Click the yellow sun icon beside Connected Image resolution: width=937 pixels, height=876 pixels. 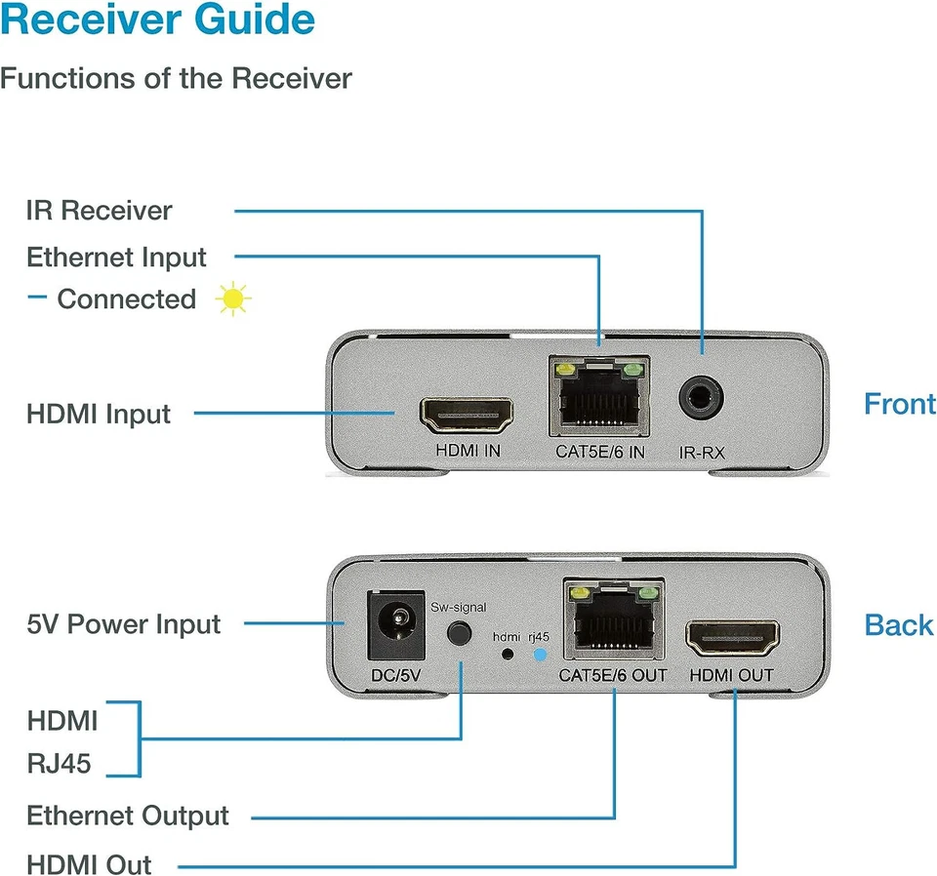[233, 299]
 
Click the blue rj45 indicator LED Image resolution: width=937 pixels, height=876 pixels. [540, 655]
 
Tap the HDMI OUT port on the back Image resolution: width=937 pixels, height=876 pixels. [731, 637]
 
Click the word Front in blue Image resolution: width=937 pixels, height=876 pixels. [899, 404]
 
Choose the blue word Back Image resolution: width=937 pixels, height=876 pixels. [899, 625]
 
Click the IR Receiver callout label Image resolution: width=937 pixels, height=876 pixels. [99, 211]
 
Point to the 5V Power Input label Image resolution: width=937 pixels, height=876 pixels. [124, 624]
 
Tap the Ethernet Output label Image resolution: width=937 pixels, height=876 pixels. [128, 816]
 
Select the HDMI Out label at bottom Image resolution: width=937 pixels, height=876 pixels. [89, 864]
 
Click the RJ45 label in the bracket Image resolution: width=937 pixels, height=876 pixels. [59, 763]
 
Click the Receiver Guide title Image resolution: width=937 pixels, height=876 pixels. [158, 20]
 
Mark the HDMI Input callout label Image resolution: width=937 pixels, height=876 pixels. [99, 414]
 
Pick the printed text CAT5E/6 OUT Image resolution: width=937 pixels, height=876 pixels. [613, 676]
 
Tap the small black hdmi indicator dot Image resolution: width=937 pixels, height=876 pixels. [506, 655]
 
